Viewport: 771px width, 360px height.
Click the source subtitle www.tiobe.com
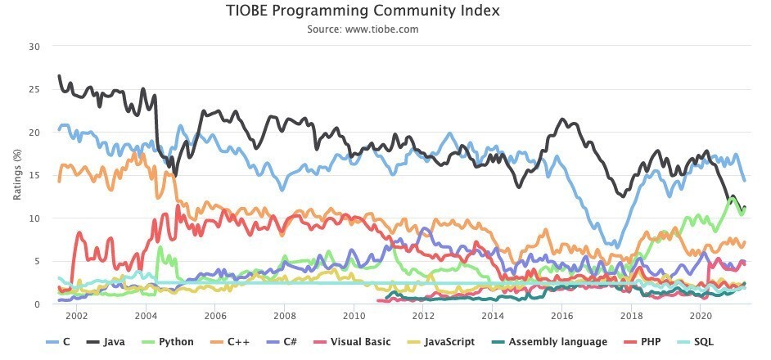click(363, 29)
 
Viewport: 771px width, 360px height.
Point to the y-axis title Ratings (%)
click(17, 175)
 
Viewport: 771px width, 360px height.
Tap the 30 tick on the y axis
click(34, 47)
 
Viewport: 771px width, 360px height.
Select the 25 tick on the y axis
click(34, 89)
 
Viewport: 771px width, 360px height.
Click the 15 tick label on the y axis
click(34, 175)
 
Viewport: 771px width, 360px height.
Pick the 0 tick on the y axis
click(37, 304)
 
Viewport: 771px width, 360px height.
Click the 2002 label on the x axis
click(76, 316)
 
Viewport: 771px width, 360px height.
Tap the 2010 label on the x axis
click(354, 316)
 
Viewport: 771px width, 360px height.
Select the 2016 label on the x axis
click(561, 316)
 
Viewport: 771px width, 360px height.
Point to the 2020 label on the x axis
click(701, 316)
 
